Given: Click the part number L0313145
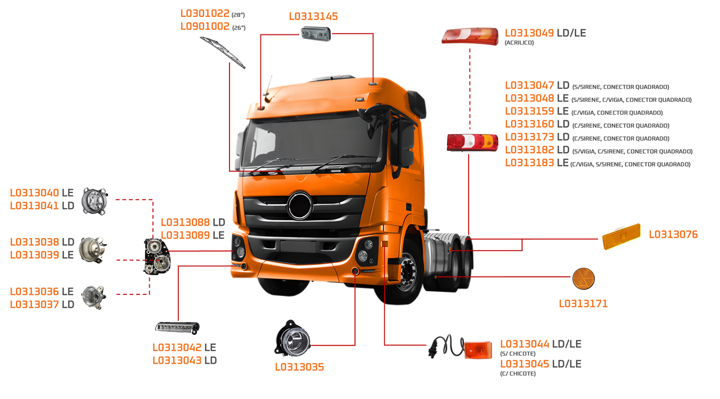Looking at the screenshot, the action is pos(313,16).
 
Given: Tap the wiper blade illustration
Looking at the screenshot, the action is pos(223,52).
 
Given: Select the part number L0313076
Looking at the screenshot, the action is pos(673,235).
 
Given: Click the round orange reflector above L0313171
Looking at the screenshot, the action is pos(583,279).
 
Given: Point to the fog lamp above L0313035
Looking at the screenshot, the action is pos(292,339).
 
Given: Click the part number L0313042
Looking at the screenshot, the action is pos(177,348).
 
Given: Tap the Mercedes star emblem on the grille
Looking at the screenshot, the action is pos(300,205).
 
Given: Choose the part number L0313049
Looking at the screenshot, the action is pos(529,33).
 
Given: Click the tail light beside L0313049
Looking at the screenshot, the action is pos(470,36).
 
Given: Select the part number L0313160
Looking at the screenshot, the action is pos(529,124).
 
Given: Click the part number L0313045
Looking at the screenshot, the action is pos(524,364).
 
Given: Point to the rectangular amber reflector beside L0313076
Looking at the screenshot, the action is pos(622,236).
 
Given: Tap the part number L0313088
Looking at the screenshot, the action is pos(185,222).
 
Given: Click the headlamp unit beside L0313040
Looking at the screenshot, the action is pos(94,201).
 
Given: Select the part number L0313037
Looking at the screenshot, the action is pos(34,305).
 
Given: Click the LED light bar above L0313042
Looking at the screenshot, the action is pos(177,327).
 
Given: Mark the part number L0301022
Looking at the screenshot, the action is pos(205,14).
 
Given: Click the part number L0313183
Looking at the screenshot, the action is pos(529,163).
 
